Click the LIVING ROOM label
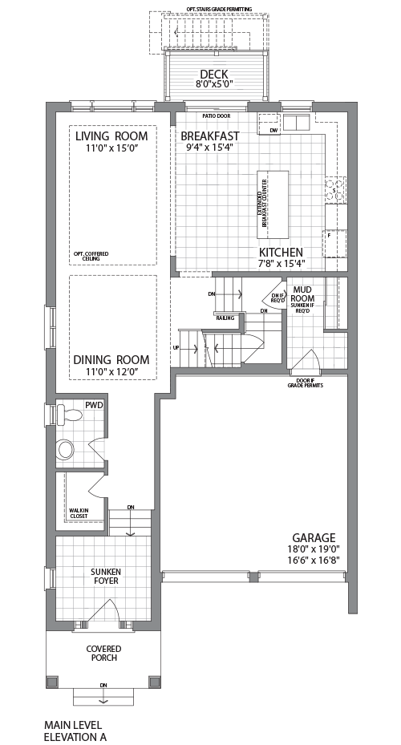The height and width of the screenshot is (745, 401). click(x=112, y=136)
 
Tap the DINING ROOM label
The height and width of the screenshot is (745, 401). click(x=111, y=359)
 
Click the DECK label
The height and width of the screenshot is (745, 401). click(x=215, y=74)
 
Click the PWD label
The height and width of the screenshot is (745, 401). click(x=95, y=406)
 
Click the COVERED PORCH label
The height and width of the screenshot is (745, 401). click(x=103, y=653)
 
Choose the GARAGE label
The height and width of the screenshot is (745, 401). click(x=314, y=537)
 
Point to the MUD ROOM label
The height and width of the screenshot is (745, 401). click(x=302, y=294)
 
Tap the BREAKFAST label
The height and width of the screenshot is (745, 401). click(x=210, y=136)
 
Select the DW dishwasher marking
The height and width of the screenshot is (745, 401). click(x=273, y=130)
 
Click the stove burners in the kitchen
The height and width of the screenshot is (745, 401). click(x=335, y=189)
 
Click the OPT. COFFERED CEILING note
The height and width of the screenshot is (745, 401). click(x=91, y=256)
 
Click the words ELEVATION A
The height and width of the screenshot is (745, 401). click(x=75, y=735)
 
